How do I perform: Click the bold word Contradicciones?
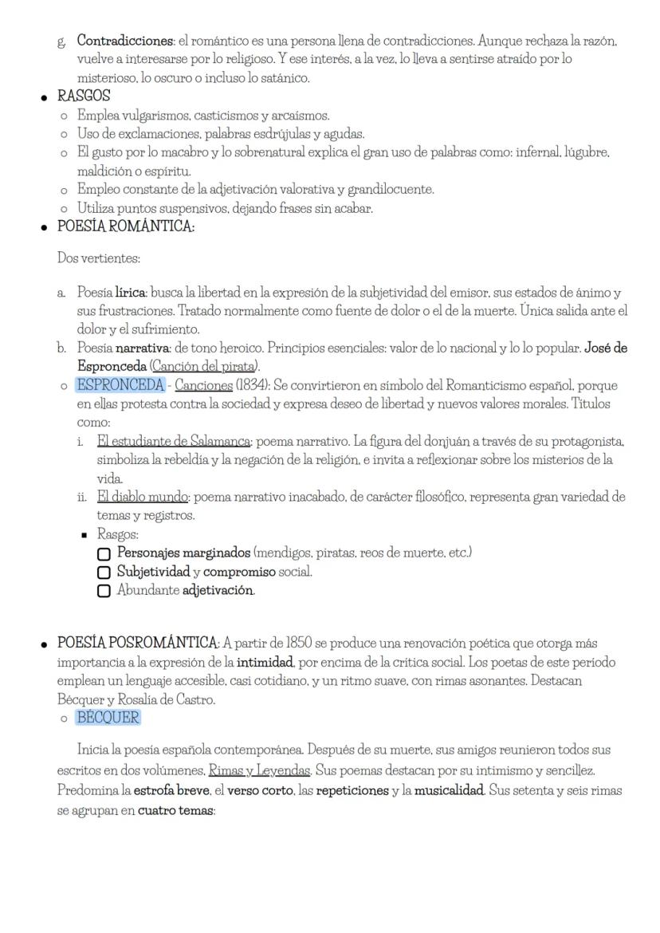[124, 40]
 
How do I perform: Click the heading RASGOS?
[84, 96]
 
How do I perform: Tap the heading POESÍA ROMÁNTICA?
[125, 226]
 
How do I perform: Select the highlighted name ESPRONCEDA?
[120, 385]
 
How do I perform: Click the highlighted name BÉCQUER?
[108, 717]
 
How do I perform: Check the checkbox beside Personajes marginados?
[104, 553]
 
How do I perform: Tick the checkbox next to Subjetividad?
[104, 573]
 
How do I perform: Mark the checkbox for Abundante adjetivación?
[104, 591]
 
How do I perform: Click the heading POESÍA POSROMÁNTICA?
[137, 643]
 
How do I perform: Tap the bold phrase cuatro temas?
[171, 809]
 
